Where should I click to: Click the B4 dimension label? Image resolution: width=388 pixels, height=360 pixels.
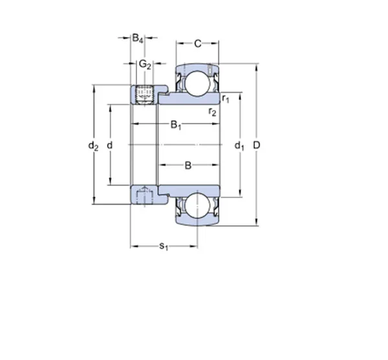pyautogui.click(x=138, y=38)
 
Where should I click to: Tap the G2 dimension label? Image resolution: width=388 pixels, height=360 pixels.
pyautogui.click(x=145, y=64)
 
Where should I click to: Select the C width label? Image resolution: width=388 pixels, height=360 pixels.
pyautogui.click(x=198, y=43)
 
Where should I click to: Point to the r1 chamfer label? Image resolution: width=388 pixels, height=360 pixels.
pyautogui.click(x=226, y=98)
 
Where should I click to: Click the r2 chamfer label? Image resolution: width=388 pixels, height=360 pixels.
pyautogui.click(x=212, y=112)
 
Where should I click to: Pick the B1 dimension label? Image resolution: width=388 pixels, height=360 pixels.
pyautogui.click(x=176, y=124)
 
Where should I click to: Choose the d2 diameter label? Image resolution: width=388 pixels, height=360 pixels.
pyautogui.click(x=93, y=146)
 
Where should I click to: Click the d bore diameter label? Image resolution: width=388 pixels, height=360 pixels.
pyautogui.click(x=110, y=145)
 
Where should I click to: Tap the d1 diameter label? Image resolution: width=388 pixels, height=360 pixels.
pyautogui.click(x=239, y=146)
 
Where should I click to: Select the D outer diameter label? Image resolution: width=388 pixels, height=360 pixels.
pyautogui.click(x=257, y=145)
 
